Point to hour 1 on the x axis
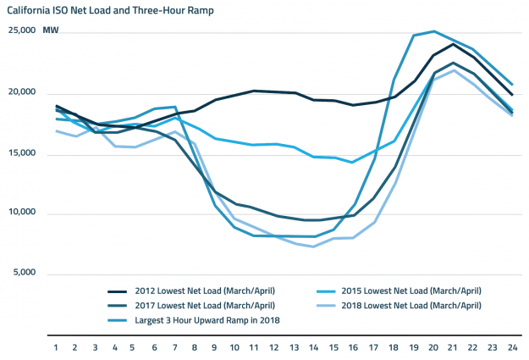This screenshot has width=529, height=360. [x=57, y=346]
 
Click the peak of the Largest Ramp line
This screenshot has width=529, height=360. [x=434, y=31]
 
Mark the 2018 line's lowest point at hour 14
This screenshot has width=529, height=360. [x=314, y=246]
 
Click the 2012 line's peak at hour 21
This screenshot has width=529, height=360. [x=454, y=43]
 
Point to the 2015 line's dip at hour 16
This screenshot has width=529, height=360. [x=353, y=162]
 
